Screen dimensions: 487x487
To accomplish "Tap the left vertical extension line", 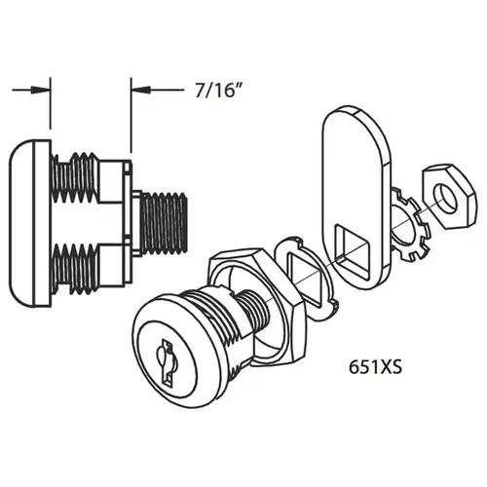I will (x=50, y=107).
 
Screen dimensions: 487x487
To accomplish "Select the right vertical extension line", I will (x=131, y=117).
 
